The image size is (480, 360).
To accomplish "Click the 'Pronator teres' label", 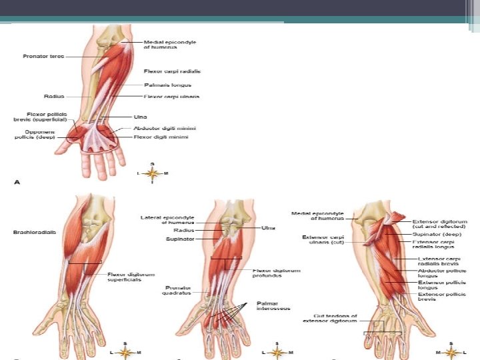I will point(43,57).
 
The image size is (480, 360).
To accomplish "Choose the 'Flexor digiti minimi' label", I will point(161,137).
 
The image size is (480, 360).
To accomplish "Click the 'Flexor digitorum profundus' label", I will point(277,273).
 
